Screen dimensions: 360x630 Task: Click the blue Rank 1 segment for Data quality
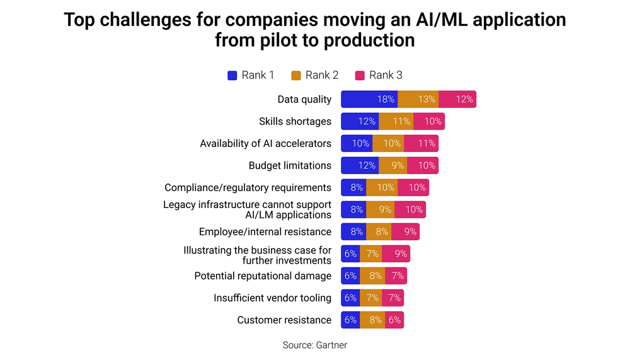pos(369,100)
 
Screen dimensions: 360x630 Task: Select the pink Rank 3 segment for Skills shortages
pos(429,122)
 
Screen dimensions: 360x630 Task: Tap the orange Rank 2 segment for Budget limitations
pos(392,166)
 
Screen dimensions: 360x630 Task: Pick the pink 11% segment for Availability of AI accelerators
pos(421,144)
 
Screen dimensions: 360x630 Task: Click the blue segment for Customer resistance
pos(350,320)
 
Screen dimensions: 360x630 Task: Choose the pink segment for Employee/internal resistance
pos(405,232)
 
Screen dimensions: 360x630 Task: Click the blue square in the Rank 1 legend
pos(232,76)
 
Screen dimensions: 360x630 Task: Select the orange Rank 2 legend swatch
pos(296,76)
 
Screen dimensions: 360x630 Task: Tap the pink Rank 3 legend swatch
pos(360,76)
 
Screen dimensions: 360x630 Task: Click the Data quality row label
pos(304,100)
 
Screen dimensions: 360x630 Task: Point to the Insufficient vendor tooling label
pos(272,298)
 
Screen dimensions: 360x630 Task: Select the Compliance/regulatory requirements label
pos(248,188)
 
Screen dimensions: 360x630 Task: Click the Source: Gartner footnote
pos(315,345)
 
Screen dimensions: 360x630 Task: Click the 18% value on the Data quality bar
pos(386,100)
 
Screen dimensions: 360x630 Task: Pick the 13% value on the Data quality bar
pos(427,100)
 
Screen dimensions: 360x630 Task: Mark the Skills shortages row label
pos(295,122)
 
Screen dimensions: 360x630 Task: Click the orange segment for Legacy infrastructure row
pos(385,210)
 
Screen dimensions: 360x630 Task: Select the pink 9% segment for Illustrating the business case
pos(396,254)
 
